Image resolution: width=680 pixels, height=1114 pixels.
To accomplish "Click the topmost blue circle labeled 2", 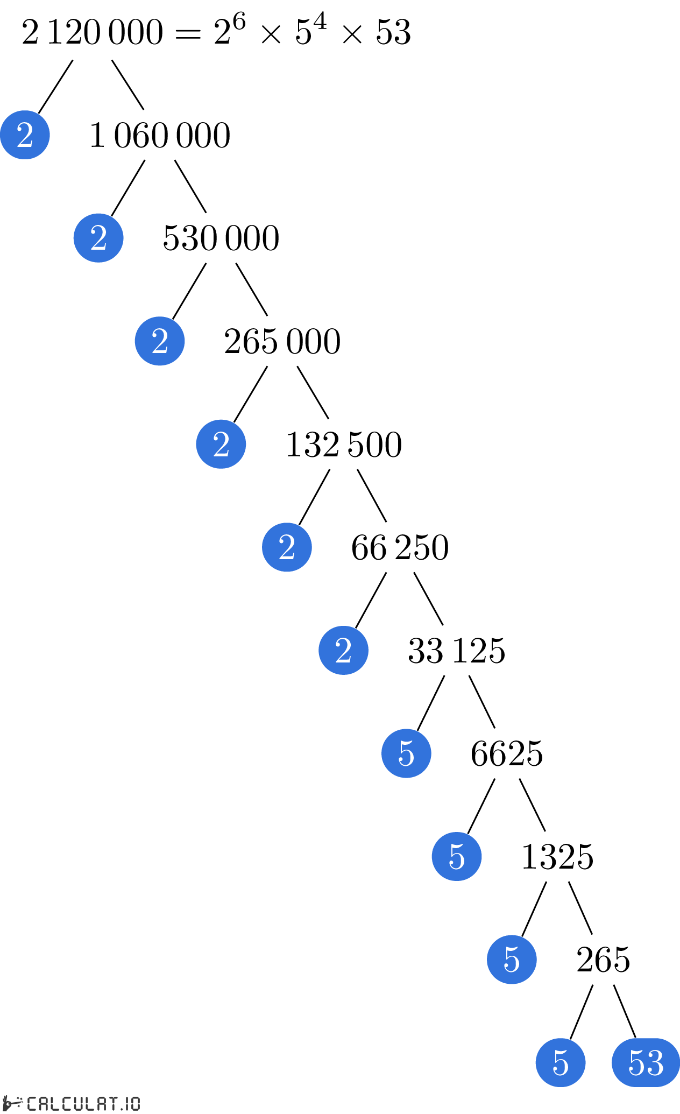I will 25,135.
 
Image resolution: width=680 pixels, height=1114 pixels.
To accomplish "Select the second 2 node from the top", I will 98,238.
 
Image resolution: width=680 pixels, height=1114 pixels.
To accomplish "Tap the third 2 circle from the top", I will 160,341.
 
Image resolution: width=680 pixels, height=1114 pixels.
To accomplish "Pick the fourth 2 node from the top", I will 221,444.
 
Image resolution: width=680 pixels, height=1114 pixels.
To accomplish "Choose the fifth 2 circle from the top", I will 287,547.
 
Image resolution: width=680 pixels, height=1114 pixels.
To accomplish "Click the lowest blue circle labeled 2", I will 343,650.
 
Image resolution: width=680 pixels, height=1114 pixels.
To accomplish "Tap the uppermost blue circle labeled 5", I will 406,753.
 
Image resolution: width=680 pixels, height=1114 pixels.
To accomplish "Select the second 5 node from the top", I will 457,856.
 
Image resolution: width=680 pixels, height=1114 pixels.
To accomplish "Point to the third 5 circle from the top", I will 512,960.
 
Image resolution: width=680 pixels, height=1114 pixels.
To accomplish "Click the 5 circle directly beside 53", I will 561,1063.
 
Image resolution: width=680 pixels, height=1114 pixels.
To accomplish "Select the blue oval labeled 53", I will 646,1063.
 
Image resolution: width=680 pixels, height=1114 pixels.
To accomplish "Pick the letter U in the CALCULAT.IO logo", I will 76,1104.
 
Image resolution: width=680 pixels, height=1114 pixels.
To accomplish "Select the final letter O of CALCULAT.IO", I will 135,1104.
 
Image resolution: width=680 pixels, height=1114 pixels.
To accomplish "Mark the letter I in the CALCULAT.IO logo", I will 127,1104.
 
